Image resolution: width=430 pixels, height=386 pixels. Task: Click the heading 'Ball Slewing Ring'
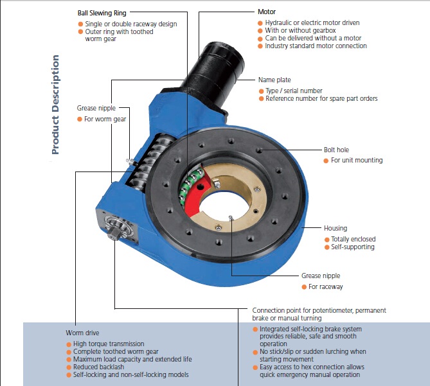[102, 12]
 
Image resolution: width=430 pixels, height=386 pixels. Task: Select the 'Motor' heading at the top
[266, 12]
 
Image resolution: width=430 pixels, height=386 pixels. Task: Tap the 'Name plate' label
[274, 80]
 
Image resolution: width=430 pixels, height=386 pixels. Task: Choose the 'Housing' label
[336, 228]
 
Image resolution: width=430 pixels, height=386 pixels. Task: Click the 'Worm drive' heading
[83, 333]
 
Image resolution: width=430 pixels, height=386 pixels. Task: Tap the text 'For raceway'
[325, 286]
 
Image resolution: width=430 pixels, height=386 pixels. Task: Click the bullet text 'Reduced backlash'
[98, 367]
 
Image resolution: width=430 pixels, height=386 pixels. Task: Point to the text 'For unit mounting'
[357, 160]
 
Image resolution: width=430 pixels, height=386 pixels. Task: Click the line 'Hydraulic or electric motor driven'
[312, 23]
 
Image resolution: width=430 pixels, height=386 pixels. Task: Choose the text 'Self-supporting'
[352, 247]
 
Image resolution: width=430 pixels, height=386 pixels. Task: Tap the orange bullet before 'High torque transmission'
[68, 344]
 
